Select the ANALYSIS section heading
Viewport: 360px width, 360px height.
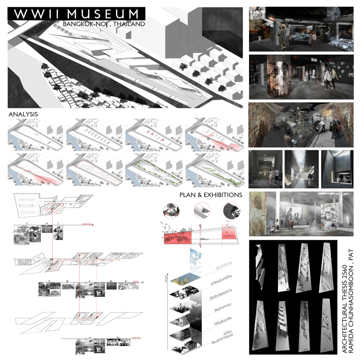click(23, 114)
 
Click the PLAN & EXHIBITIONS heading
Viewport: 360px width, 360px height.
click(211, 195)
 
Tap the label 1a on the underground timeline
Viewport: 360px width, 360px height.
click(47, 224)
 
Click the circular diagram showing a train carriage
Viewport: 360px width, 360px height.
click(200, 210)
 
